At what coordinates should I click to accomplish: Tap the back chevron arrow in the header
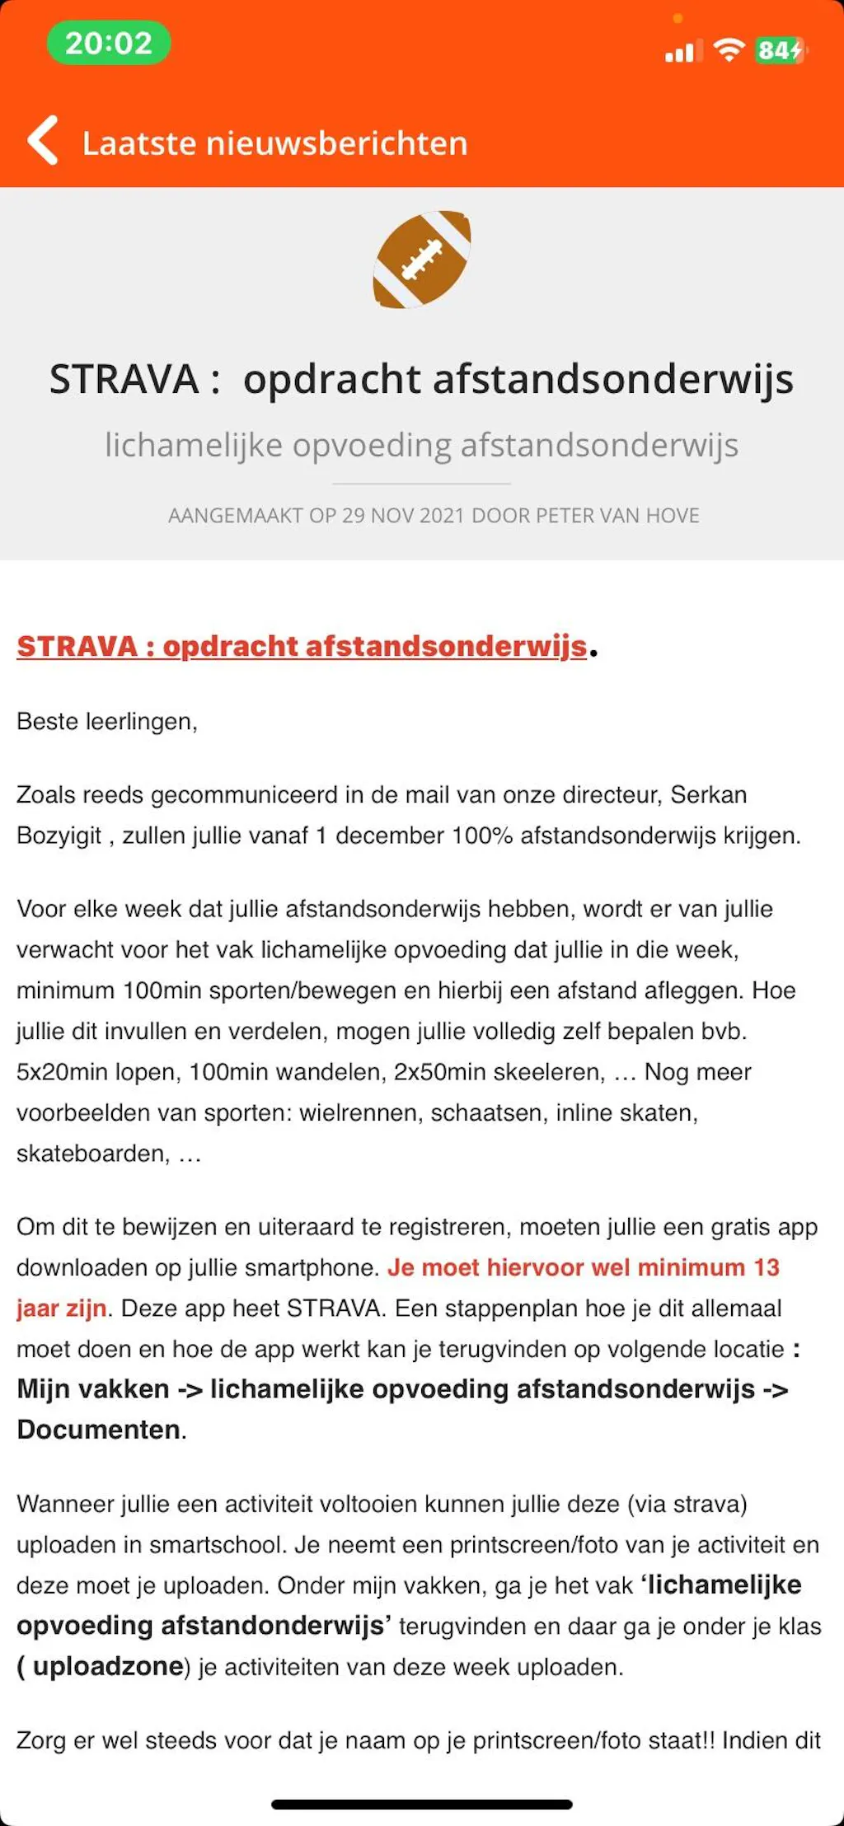tap(43, 141)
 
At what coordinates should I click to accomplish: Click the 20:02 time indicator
tap(108, 44)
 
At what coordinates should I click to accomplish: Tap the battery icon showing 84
tap(779, 51)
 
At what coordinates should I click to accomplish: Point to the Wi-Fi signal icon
tap(729, 50)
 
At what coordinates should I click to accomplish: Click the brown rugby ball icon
tap(422, 260)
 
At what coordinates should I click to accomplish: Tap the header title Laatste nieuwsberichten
tap(274, 143)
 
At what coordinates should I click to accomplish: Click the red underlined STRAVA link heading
tap(302, 647)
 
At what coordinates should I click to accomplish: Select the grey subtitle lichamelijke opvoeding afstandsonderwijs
tap(421, 445)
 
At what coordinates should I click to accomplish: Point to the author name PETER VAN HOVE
tap(617, 516)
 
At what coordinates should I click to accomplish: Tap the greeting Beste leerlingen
tap(106, 722)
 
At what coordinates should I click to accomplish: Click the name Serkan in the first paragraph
tap(708, 795)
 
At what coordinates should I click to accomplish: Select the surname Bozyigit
tap(59, 836)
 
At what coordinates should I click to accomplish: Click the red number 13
tap(766, 1267)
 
